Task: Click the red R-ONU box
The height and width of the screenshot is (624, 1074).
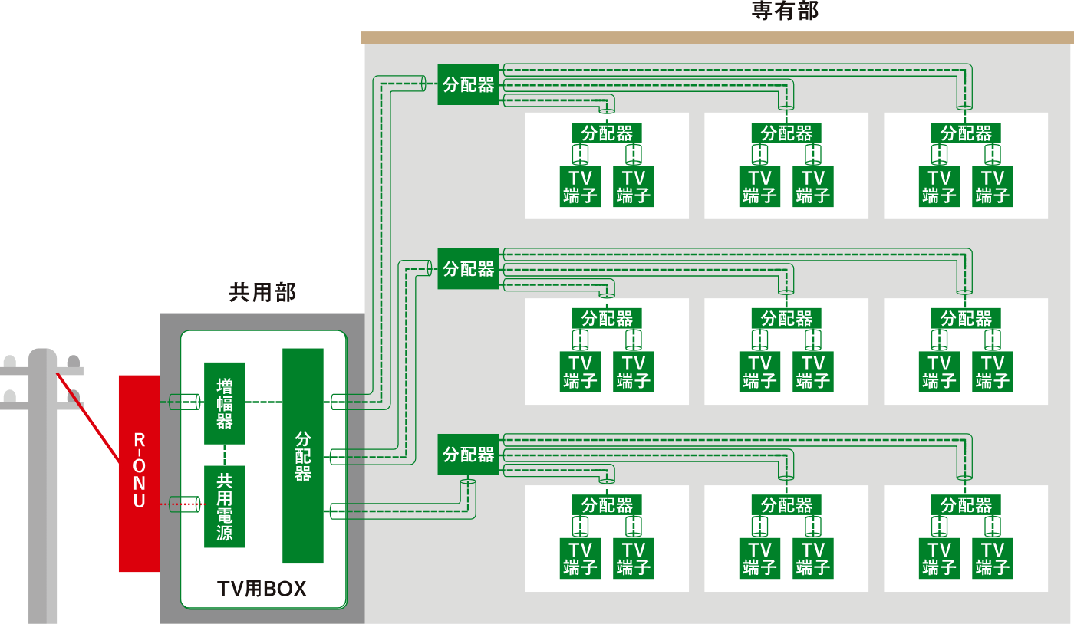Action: coord(139,473)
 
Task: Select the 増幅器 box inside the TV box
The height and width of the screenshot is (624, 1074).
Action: coord(225,403)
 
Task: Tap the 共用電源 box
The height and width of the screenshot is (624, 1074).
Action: coord(225,507)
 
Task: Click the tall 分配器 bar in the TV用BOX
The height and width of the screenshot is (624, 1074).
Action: coord(303,455)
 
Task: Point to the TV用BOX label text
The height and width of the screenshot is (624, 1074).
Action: coord(262,589)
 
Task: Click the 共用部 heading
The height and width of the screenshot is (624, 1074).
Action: coord(262,292)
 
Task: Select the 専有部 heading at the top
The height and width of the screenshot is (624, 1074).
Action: coord(785,11)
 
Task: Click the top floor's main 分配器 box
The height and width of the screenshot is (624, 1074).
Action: coord(468,84)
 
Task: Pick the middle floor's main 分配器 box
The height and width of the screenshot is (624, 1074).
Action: coord(468,269)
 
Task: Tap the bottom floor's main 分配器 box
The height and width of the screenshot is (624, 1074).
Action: coord(468,455)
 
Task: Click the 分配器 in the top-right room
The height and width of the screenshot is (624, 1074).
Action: coord(966,133)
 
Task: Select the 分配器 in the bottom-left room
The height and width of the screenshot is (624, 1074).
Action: coord(607,505)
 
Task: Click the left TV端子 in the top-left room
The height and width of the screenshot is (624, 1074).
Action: coord(580,187)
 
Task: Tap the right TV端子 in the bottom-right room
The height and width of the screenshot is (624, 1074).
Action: coord(993,559)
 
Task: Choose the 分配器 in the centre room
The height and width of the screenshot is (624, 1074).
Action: coord(786,318)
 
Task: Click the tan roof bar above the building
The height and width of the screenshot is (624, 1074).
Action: coord(717,38)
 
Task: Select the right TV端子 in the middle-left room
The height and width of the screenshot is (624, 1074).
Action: coord(633,372)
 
